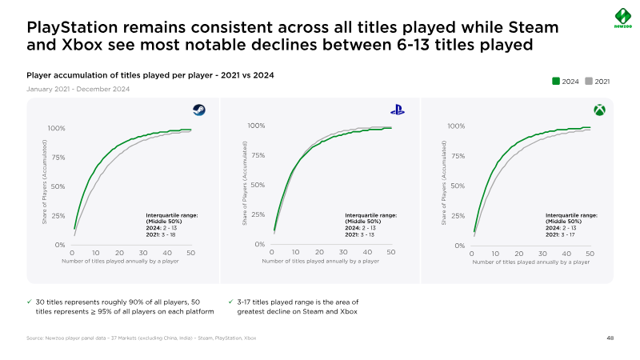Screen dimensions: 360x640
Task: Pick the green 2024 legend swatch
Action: coord(557,81)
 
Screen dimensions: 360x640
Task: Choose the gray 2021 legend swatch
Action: coord(590,81)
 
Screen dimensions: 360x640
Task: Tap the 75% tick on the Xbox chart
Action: coord(455,156)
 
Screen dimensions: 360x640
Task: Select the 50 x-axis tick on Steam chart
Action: coord(191,253)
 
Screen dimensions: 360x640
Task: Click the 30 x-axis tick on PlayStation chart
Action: coord(343,252)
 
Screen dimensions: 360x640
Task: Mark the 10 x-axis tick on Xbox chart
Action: coord(496,253)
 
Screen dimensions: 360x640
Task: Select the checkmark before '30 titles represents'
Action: coord(30,302)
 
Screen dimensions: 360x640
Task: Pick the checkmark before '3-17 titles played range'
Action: coord(230,302)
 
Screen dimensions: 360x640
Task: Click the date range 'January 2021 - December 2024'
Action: coord(78,89)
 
